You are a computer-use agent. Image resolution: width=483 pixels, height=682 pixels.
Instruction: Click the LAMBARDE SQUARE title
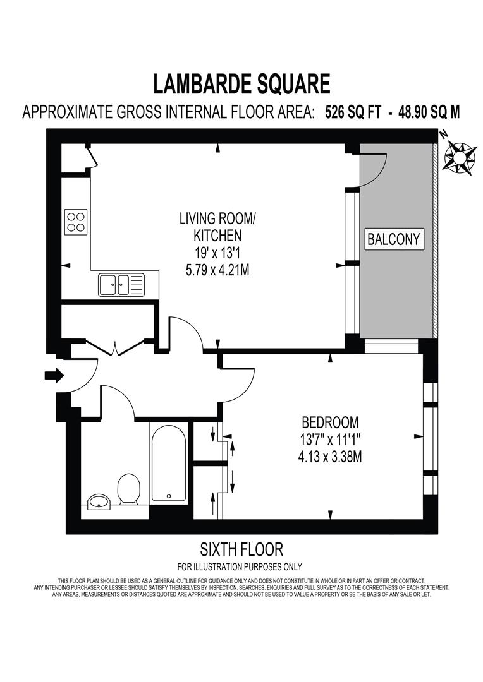coord(241,84)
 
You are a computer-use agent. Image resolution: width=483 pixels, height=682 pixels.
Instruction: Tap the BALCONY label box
coord(394,239)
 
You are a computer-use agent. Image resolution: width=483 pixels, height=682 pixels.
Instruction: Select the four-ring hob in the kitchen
coord(76,222)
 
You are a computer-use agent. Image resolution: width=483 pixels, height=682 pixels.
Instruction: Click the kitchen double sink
coord(121,284)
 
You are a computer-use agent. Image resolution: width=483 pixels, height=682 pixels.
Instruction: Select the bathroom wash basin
coord(99,503)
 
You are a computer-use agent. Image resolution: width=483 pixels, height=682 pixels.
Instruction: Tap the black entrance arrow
coord(54,376)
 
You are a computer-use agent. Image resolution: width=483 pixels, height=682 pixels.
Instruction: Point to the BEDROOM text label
coord(330,422)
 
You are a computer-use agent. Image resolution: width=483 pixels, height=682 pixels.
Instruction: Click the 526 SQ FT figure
coord(352,112)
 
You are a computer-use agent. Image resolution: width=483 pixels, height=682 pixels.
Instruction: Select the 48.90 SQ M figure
coord(429,112)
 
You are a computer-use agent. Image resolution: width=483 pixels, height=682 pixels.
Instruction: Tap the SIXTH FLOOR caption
coord(241,548)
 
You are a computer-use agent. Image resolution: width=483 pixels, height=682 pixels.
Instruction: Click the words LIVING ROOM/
coord(218,219)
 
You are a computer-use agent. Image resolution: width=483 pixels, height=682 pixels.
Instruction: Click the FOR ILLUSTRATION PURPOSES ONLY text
coord(240,566)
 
